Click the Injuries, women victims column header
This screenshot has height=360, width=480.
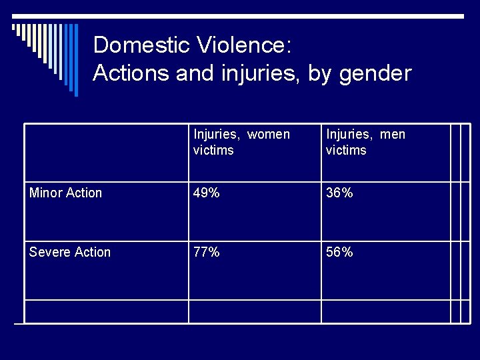[x=241, y=142]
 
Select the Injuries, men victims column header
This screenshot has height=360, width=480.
[x=365, y=142]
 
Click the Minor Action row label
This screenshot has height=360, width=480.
[x=66, y=193]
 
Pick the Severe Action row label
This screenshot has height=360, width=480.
[x=70, y=252]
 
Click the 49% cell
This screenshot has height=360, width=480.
[x=207, y=193]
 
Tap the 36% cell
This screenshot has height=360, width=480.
[x=339, y=193]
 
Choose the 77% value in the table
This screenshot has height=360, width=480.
[x=207, y=252]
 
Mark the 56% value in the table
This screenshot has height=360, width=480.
[x=339, y=252]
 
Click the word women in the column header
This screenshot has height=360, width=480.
[x=269, y=135]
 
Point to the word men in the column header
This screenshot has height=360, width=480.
[x=393, y=135]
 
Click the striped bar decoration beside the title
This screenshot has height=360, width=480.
[x=47, y=53]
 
